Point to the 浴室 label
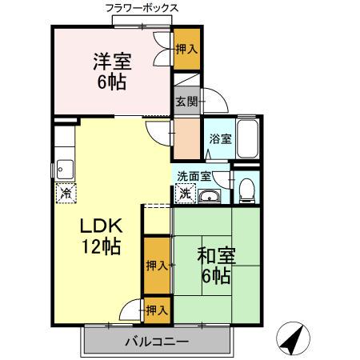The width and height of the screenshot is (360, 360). [x=220, y=138]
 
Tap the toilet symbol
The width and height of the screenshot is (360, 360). [x=247, y=190]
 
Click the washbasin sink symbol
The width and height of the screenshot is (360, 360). [x=212, y=197]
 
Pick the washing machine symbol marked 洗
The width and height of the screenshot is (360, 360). [x=185, y=193]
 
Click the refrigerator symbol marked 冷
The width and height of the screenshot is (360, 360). [x=66, y=192]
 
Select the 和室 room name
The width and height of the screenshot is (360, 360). [x=214, y=257]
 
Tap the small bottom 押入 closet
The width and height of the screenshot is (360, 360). [x=157, y=310]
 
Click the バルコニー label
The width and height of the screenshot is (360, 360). [x=156, y=342]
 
